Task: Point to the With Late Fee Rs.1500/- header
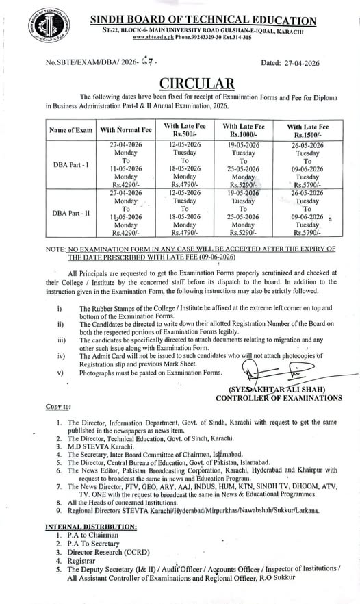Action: click(x=307, y=129)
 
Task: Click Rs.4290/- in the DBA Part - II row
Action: click(x=126, y=232)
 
